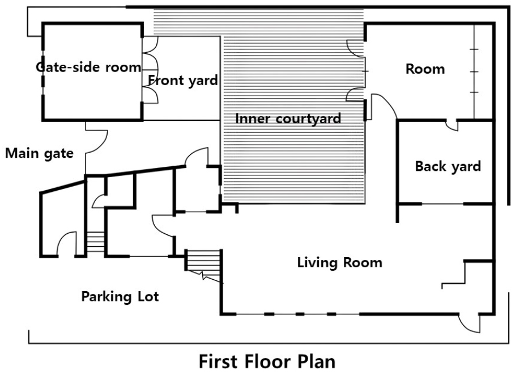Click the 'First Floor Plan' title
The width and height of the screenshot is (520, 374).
click(267, 362)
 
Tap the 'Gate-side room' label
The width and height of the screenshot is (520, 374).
click(88, 68)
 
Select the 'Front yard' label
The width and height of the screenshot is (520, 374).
click(183, 81)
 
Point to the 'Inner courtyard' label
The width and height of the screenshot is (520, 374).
click(288, 119)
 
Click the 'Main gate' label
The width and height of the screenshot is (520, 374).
click(39, 153)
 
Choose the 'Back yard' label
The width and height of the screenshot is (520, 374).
click(447, 166)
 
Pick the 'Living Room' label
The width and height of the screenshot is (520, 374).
click(340, 262)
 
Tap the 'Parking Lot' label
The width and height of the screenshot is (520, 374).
click(120, 296)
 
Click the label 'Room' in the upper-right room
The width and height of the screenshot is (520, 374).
click(425, 69)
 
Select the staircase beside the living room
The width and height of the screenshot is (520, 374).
click(203, 264)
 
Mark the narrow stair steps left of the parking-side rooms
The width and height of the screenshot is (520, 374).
click(96, 241)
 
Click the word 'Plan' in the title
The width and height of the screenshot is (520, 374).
click(316, 362)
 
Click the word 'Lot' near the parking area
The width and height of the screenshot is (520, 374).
click(148, 296)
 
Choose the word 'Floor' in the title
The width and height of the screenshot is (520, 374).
click(267, 362)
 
